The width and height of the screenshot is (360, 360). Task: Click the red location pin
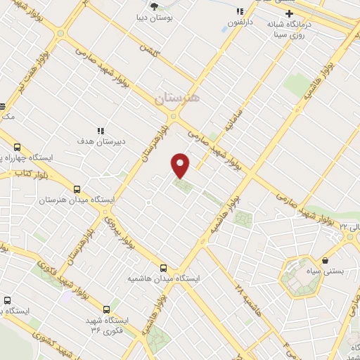click(181, 165)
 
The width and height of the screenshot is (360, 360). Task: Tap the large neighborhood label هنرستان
click(177, 98)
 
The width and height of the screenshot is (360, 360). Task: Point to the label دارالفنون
click(240, 23)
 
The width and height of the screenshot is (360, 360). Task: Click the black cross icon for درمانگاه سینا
click(288, 13)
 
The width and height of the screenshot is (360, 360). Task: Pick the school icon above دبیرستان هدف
click(101, 131)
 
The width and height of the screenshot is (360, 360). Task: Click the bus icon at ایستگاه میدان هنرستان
click(77, 189)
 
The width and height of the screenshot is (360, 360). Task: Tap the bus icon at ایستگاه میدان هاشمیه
click(163, 268)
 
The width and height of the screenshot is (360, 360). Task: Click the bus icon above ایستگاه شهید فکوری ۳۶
click(107, 309)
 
